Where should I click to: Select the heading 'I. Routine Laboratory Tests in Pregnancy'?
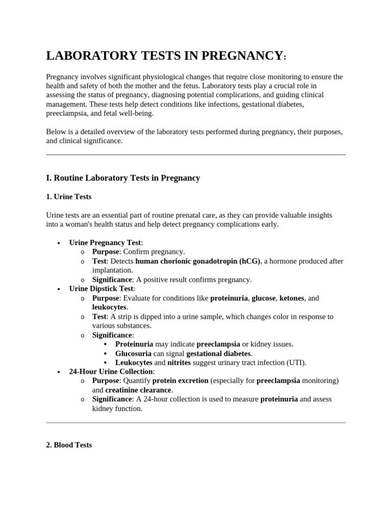coord(123,178)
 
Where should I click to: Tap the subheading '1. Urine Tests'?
coord(69,196)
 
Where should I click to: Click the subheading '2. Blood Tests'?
coord(69,445)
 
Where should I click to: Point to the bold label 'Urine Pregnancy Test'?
coord(105,243)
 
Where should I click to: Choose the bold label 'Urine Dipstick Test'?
coord(101,289)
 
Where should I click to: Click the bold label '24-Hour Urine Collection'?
coord(111,371)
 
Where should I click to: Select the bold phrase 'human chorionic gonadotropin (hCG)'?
coord(198,261)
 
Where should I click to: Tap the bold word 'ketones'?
coord(291,298)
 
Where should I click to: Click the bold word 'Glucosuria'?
coord(134,353)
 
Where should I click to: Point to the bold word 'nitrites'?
coord(179,363)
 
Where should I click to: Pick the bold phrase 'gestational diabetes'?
coord(218,353)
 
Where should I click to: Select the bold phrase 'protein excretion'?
coord(180,381)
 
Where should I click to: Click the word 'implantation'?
coord(112,270)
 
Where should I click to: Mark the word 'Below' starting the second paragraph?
coord(56,131)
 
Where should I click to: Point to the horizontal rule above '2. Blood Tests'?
coord(196,422)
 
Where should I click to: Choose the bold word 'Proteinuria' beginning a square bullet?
coord(134,344)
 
